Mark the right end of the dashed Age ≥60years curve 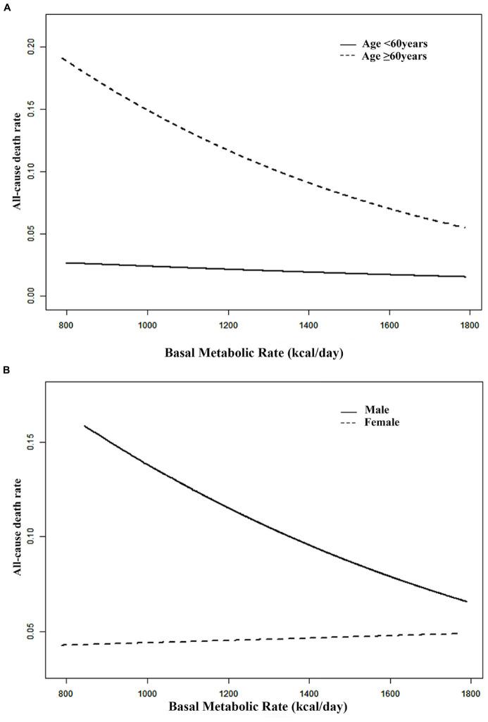[x=465, y=227]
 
